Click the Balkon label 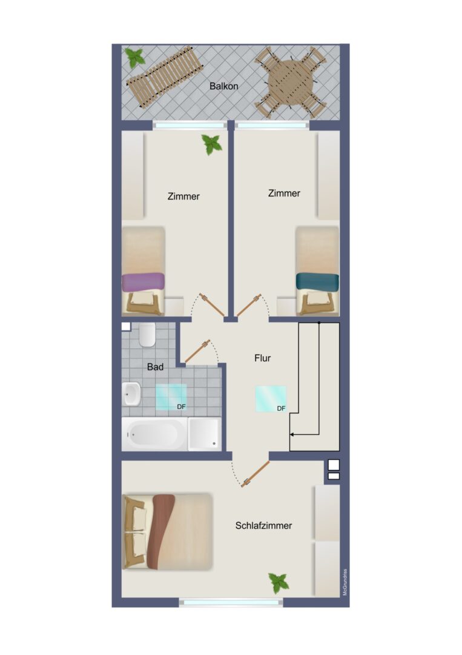coord(224,86)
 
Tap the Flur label coord(262,358)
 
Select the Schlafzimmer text coord(263,525)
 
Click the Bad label coord(155,367)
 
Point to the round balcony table coord(290,82)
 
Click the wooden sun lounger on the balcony coord(164,76)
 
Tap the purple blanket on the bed coord(143,282)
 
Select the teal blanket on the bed coord(317,281)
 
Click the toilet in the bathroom coord(147,335)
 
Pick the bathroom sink coord(131,394)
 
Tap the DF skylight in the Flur coord(271,399)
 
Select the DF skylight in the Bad coord(171,397)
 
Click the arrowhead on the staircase coord(292,434)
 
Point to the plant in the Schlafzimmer coord(279,582)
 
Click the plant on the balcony coord(135,58)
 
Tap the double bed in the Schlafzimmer coord(168,531)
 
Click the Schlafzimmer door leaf coord(255,474)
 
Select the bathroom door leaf coord(197,351)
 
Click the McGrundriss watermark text coord(345,582)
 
